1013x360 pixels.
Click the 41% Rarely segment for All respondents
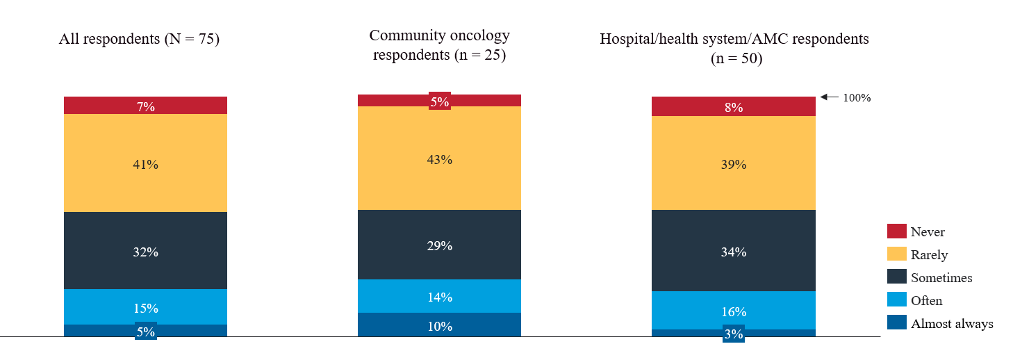coord(145,165)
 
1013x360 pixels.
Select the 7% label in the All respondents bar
coord(145,107)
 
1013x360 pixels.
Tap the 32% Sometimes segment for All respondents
coord(145,252)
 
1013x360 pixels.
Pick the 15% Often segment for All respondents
coord(145,308)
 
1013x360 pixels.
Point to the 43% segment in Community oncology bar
coord(439,159)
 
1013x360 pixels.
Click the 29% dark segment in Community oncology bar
coord(439,245)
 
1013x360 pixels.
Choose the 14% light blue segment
coord(439,297)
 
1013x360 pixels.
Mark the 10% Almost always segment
coord(439,326)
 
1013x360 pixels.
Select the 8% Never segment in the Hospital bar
coord(733,107)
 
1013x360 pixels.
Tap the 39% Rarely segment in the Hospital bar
coord(733,165)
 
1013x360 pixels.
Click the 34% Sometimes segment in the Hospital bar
coord(733,252)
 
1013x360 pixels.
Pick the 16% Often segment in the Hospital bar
coord(733,311)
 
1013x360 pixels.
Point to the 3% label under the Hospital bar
coord(734,334)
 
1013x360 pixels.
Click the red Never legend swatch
coord(896,231)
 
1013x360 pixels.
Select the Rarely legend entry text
coord(929,255)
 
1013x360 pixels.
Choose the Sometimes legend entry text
coord(941,278)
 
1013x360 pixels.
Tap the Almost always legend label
coord(952,324)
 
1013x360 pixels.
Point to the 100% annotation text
coord(857,98)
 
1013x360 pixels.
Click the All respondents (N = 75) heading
coord(139,39)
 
